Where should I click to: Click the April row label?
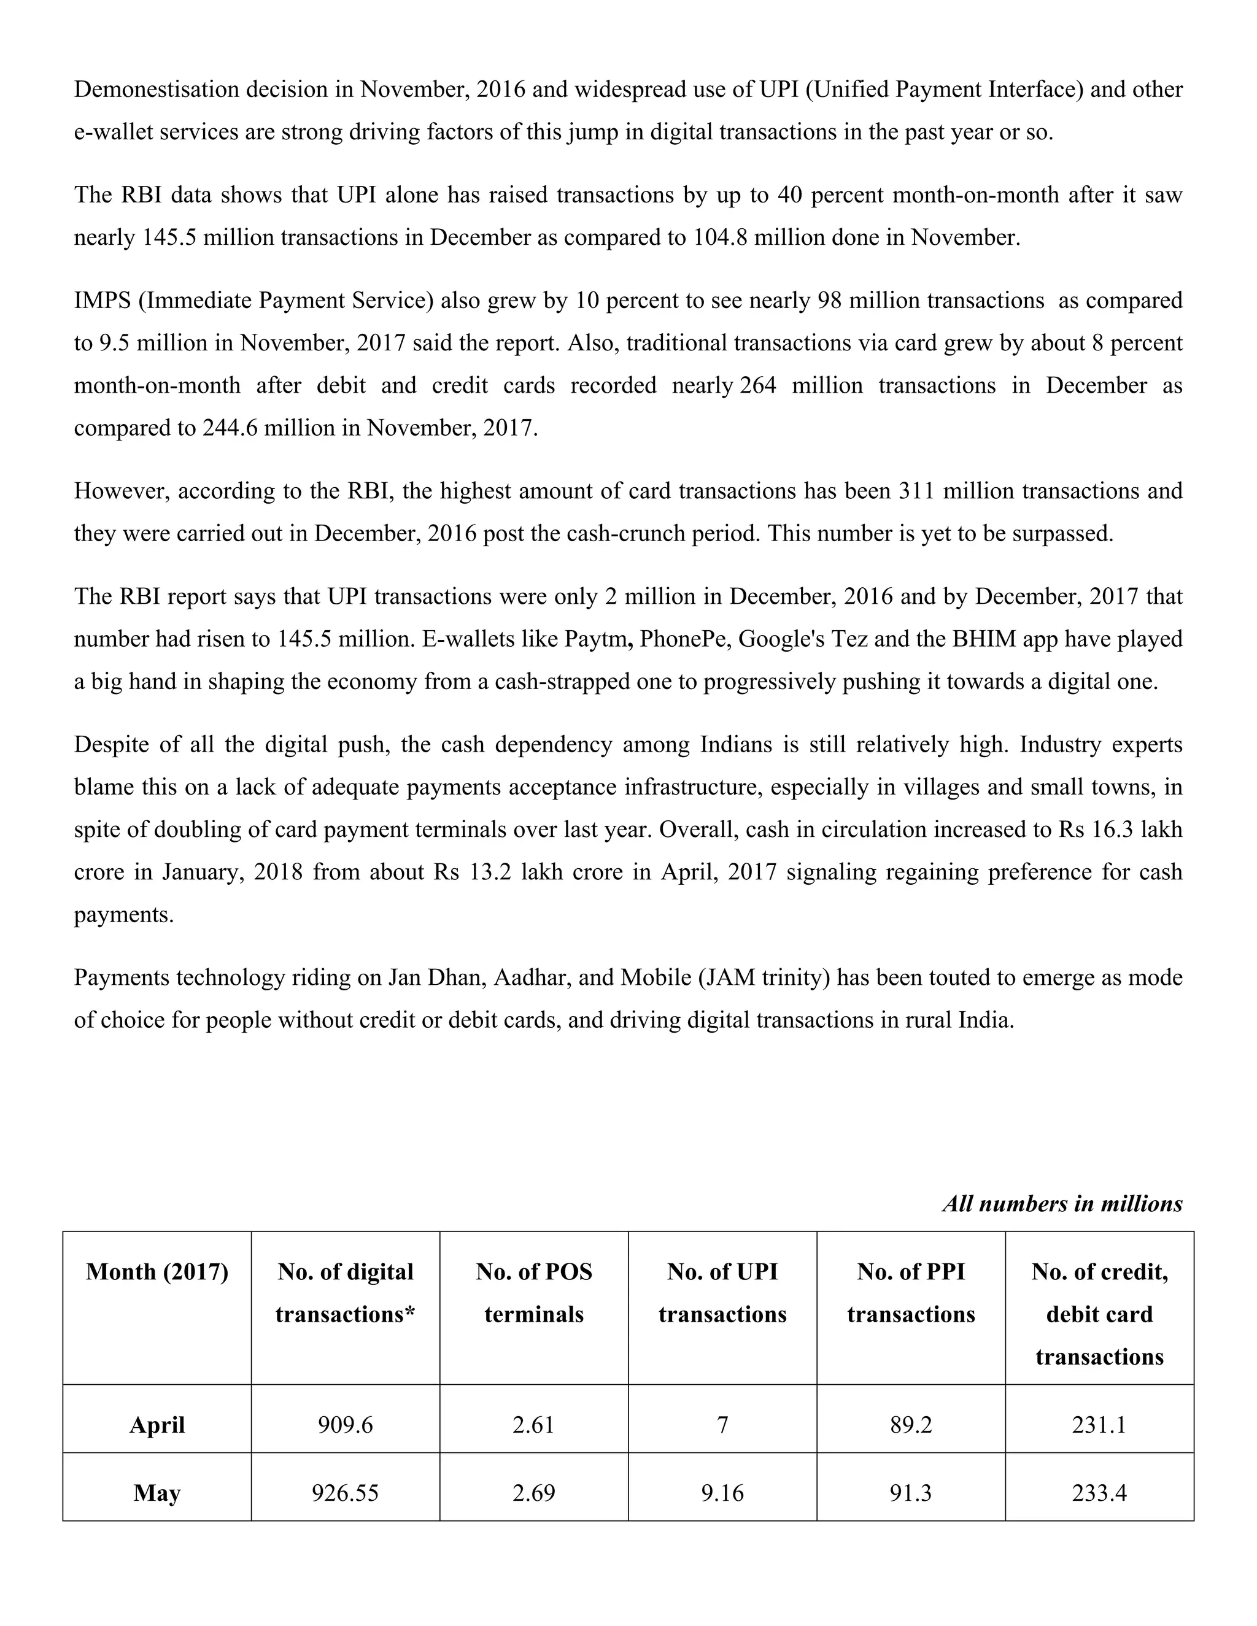point(157,1425)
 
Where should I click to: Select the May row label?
point(157,1493)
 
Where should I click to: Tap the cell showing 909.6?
point(346,1425)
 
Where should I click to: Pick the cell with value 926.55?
point(346,1493)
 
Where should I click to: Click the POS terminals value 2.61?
point(534,1425)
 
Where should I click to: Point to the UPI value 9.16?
point(722,1493)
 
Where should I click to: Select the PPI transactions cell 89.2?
point(911,1425)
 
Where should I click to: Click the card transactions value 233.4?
point(1099,1493)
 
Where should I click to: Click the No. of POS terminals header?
point(534,1293)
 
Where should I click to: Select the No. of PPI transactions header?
point(911,1293)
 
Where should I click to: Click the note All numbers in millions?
point(1062,1204)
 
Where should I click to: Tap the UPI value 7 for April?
point(722,1425)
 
